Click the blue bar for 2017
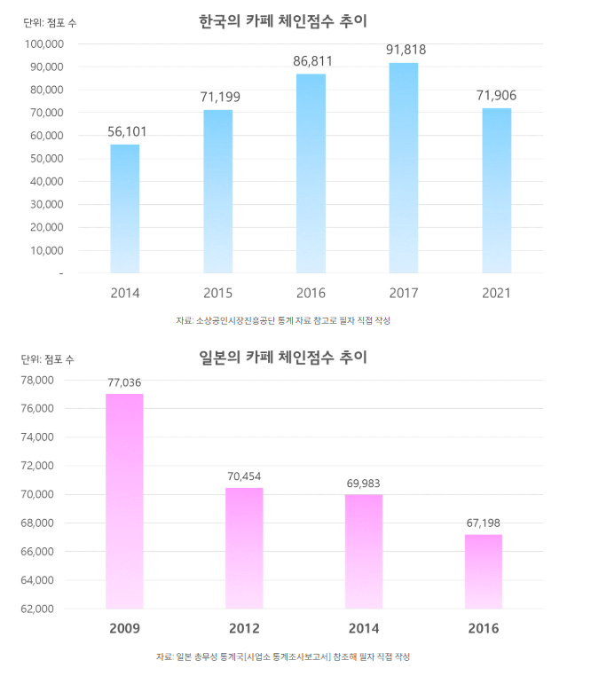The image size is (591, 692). [403, 169]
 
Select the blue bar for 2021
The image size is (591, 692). [496, 191]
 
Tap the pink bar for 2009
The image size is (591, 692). [124, 501]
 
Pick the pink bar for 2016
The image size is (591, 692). [484, 571]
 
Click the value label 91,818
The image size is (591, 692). [406, 51]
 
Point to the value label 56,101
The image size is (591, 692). [127, 131]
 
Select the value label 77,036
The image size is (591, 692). [124, 382]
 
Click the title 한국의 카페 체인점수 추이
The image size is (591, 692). [283, 20]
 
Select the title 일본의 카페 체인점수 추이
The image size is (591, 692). [283, 358]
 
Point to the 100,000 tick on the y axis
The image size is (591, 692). [43, 43]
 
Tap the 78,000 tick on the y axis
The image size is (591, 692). [38, 381]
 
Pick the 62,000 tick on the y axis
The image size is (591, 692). [38, 609]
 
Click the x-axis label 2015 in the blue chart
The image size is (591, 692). [218, 293]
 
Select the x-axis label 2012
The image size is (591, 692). [244, 629]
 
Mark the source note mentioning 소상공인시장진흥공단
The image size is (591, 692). [283, 320]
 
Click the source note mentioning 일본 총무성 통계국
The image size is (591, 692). [283, 657]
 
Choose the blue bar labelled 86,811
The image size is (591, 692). [311, 173]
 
